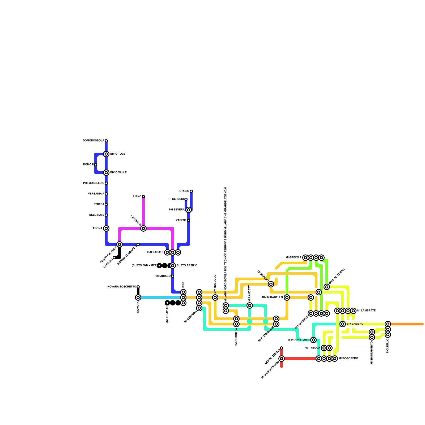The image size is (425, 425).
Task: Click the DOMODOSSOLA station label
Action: pyautogui.click(x=93, y=141)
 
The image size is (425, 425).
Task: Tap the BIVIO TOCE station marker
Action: pyautogui.click(x=106, y=154)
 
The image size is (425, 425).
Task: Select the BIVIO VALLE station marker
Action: pyautogui.click(x=106, y=173)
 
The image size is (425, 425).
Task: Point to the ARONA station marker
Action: pyautogui.click(x=106, y=228)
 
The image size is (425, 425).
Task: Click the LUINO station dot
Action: pyautogui.click(x=143, y=197)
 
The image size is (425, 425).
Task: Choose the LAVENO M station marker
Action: pyautogui.click(x=143, y=228)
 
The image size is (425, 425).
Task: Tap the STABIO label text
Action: pyautogui.click(x=184, y=191)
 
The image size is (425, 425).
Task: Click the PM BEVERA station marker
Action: pyautogui.click(x=189, y=210)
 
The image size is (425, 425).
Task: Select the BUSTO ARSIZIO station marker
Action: pyautogui.click(x=173, y=266)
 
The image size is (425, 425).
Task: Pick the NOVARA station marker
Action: pyautogui.click(x=138, y=297)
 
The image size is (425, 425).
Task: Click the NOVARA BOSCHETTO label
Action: pyautogui.click(x=122, y=287)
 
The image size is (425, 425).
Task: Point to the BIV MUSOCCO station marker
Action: pyautogui.click(x=215, y=297)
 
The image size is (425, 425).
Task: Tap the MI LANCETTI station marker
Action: pyautogui.click(x=250, y=305)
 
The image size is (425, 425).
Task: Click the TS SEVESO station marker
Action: pyautogui.click(x=271, y=284)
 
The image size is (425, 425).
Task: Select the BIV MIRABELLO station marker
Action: pyautogui.click(x=287, y=297)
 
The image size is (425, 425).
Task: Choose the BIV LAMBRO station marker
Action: pyautogui.click(x=343, y=324)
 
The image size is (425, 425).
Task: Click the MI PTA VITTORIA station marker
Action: pyautogui.click(x=313, y=340)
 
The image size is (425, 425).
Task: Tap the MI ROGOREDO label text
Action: pyautogui.click(x=348, y=359)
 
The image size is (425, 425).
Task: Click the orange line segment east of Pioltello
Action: pyautogui.click(x=406, y=324)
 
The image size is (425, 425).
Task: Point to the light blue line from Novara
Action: pyautogui.click(x=159, y=297)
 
